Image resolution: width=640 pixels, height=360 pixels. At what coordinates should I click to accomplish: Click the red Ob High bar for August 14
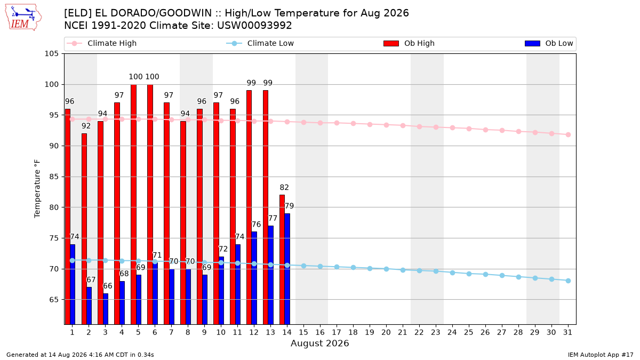click(282, 259)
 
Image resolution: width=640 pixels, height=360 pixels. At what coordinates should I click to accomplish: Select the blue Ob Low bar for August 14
click(287, 269)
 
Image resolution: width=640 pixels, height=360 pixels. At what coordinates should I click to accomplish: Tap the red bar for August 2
click(84, 229)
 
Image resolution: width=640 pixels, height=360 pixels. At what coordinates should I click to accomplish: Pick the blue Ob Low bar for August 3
click(106, 309)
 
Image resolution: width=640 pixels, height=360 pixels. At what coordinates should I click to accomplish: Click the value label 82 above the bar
click(284, 187)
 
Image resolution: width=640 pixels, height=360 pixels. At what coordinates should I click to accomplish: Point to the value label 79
click(290, 206)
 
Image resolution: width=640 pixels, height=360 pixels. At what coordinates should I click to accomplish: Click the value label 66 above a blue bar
click(108, 286)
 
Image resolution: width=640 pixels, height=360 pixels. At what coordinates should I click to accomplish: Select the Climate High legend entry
click(102, 43)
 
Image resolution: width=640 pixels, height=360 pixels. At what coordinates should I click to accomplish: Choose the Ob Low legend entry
click(549, 43)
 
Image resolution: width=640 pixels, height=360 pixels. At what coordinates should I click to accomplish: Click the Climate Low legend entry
click(260, 43)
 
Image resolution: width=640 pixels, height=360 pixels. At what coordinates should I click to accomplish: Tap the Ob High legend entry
click(409, 43)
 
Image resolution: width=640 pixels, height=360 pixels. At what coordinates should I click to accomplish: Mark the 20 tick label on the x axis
click(386, 333)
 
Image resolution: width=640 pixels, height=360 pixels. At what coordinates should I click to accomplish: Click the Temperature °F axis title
click(37, 189)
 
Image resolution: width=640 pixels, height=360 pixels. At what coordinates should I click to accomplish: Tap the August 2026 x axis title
click(319, 343)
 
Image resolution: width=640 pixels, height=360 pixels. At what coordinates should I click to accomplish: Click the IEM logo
click(23, 17)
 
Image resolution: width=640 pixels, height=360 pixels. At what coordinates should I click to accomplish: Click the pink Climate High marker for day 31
click(568, 134)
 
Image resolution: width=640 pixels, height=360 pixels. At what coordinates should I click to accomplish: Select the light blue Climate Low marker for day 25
click(469, 274)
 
